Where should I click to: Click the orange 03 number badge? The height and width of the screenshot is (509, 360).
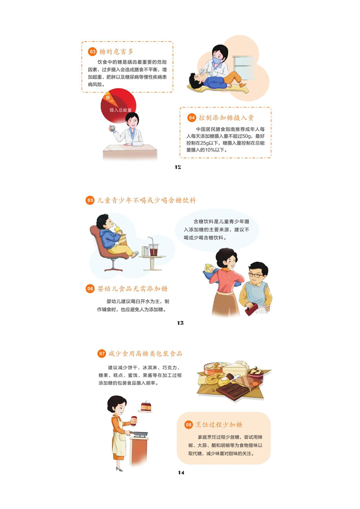pyautogui.click(x=93, y=52)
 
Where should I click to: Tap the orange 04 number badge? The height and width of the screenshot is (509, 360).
pyautogui.click(x=192, y=117)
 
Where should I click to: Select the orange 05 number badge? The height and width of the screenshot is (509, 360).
pyautogui.click(x=90, y=201)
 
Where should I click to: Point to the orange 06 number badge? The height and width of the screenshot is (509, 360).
pyautogui.click(x=90, y=289)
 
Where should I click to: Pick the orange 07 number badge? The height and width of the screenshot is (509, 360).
pyautogui.click(x=102, y=353)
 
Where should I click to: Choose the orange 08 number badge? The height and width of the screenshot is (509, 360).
pyautogui.click(x=189, y=425)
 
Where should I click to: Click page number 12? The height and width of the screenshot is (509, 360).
pyautogui.click(x=178, y=167)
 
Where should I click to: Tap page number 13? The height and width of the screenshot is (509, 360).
pyautogui.click(x=180, y=323)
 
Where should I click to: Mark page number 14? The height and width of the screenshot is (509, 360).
pyautogui.click(x=181, y=473)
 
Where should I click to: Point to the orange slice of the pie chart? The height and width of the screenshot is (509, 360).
pyautogui.click(x=108, y=97)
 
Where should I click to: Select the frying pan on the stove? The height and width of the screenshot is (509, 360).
pyautogui.click(x=138, y=433)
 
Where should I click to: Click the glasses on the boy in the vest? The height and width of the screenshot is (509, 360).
pyautogui.click(x=256, y=275)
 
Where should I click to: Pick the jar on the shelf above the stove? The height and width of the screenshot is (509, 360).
pyautogui.click(x=146, y=406)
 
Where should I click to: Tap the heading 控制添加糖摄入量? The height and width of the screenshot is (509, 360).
pyautogui.click(x=227, y=117)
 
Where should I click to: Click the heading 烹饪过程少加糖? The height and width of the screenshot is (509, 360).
pyautogui.click(x=219, y=425)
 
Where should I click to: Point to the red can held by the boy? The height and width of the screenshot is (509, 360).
pyautogui.click(x=251, y=309)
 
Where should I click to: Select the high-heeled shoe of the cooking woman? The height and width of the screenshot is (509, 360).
pyautogui.click(x=119, y=469)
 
